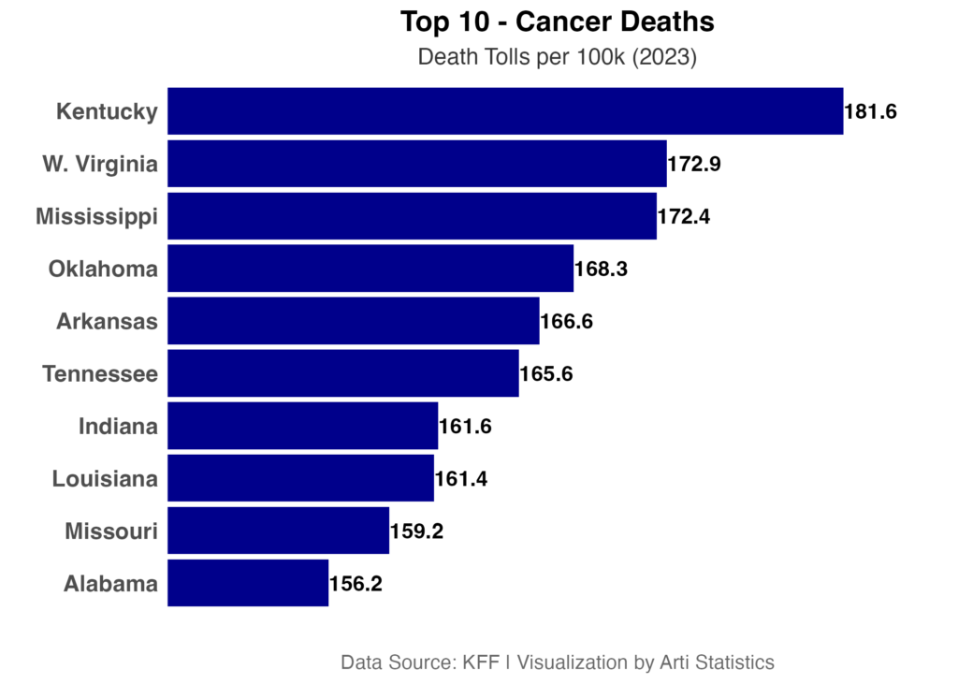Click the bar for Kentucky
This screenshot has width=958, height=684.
(505, 112)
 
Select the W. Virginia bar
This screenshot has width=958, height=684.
(417, 165)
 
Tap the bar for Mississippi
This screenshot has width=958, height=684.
(413, 217)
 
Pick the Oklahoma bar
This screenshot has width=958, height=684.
(370, 269)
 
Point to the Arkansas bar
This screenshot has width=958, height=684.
(354, 322)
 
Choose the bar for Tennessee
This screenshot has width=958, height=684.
(343, 374)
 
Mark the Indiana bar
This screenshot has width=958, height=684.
(303, 427)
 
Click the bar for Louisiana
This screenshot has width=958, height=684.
(301, 479)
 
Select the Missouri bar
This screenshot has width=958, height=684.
(279, 531)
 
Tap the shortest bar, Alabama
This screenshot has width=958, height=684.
(248, 584)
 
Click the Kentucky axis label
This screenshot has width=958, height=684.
(107, 112)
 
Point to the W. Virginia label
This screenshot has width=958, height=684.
(100, 165)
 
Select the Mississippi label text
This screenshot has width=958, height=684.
(97, 217)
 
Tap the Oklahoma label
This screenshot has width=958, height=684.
(104, 269)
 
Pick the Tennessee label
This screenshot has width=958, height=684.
(100, 374)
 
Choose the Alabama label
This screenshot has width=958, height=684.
(111, 585)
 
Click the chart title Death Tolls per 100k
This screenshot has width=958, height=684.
(522, 58)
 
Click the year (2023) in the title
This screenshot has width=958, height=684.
(665, 58)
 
